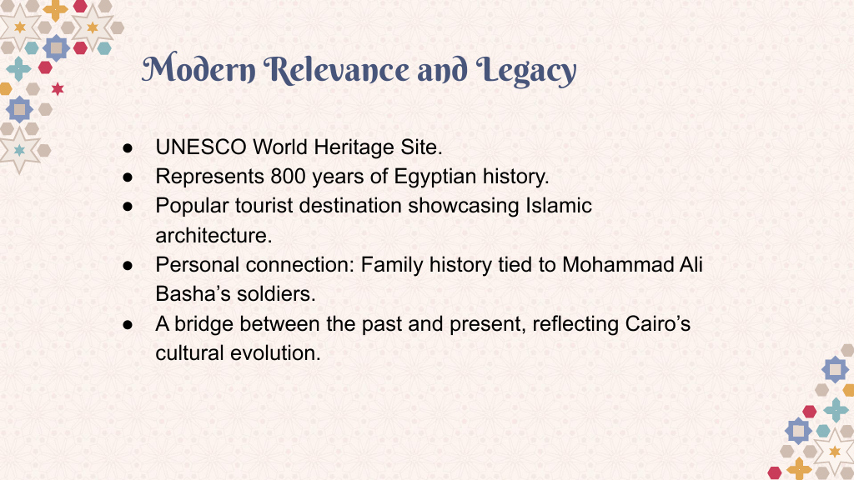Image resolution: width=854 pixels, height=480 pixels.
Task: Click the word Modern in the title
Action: [x=198, y=69]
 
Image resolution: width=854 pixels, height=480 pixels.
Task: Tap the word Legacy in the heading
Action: [x=526, y=71]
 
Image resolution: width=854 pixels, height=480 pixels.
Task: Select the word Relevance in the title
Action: [x=337, y=69]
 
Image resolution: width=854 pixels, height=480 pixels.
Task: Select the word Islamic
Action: [x=558, y=206]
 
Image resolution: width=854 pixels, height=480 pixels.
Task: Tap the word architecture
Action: [x=213, y=236]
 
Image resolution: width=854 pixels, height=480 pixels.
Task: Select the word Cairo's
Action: [x=658, y=324]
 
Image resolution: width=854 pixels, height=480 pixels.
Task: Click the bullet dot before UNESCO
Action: [x=128, y=148]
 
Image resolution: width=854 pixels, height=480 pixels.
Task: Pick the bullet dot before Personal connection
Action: [x=128, y=266]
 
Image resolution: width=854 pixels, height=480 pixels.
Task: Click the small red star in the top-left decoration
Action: [x=58, y=88]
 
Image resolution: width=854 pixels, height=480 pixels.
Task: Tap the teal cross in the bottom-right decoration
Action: [x=836, y=410]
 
